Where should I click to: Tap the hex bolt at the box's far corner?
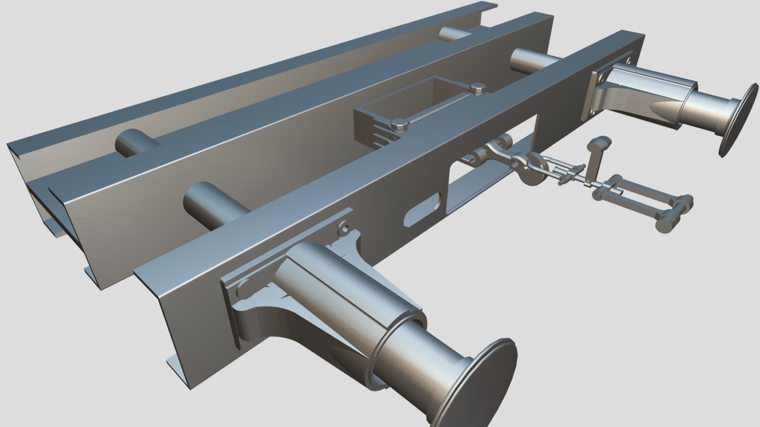[478, 87]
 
